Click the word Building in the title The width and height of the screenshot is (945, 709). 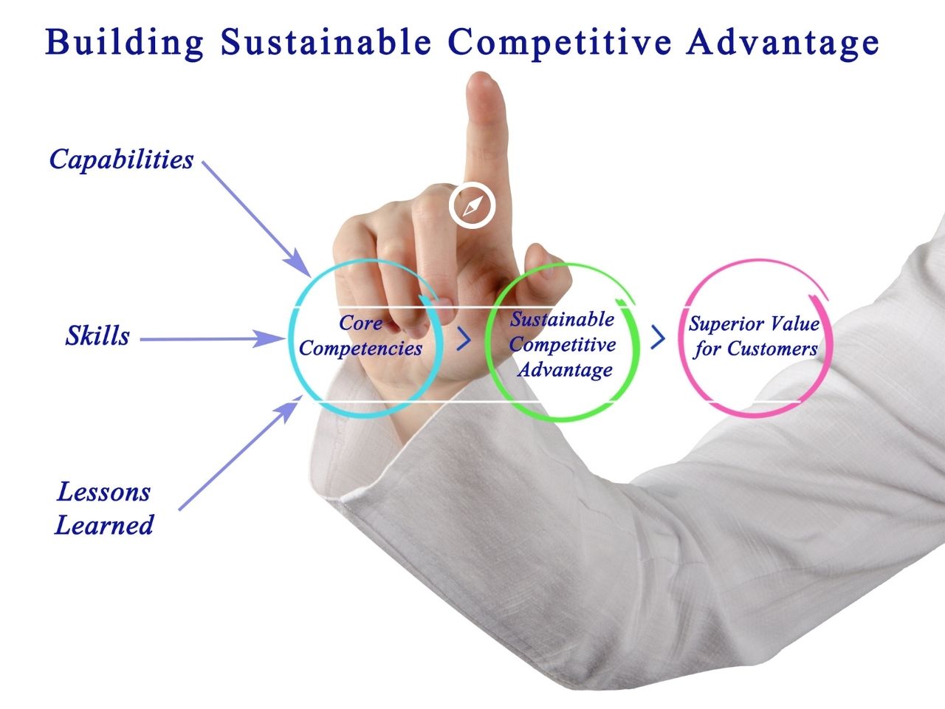coord(124,44)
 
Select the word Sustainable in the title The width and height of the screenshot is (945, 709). coord(326,42)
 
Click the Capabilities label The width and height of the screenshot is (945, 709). coord(121,160)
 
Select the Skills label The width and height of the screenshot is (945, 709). coord(97,335)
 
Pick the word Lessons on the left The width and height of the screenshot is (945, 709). coord(104,492)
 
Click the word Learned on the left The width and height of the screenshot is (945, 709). coord(104,525)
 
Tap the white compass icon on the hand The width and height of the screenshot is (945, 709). coord(472,205)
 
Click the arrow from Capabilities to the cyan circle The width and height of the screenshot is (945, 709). coord(256,219)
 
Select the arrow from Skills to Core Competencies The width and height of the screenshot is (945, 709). coord(213,339)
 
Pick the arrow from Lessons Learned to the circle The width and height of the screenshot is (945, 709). coord(240,453)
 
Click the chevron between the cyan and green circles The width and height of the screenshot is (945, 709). coord(464,339)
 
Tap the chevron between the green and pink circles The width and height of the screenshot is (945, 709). coord(658,337)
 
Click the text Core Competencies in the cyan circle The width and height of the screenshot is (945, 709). coord(361,336)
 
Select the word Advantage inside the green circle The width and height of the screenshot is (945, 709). coord(565,370)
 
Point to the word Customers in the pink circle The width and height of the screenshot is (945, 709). coord(772,349)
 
